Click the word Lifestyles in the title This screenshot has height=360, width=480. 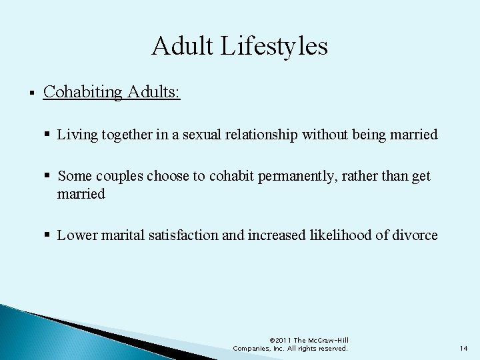coord(280,47)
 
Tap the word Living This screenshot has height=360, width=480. coord(77,135)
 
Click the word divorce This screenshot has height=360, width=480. coord(415,235)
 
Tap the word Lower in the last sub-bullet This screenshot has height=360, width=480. coord(76,235)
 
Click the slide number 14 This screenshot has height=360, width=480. coord(465,348)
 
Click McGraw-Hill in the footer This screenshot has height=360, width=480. coord(331,340)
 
